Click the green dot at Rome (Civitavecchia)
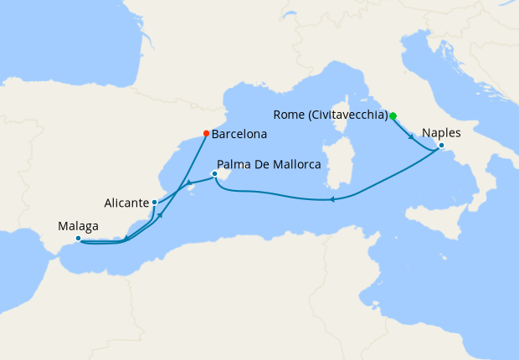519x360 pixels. pos(393,116)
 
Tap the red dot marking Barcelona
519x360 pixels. pos(207,132)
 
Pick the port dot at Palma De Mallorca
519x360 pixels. pos(215,174)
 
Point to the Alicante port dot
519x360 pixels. pos(155,203)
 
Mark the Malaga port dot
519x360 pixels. pos(78,239)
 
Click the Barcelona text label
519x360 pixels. pos(239,133)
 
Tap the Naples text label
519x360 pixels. pos(441,132)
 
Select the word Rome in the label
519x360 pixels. pos(288,115)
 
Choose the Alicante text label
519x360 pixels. pos(127,203)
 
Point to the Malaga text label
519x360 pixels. pos(78,225)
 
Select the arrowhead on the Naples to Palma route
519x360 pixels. pos(333,199)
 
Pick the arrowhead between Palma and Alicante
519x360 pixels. pos(189,183)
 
